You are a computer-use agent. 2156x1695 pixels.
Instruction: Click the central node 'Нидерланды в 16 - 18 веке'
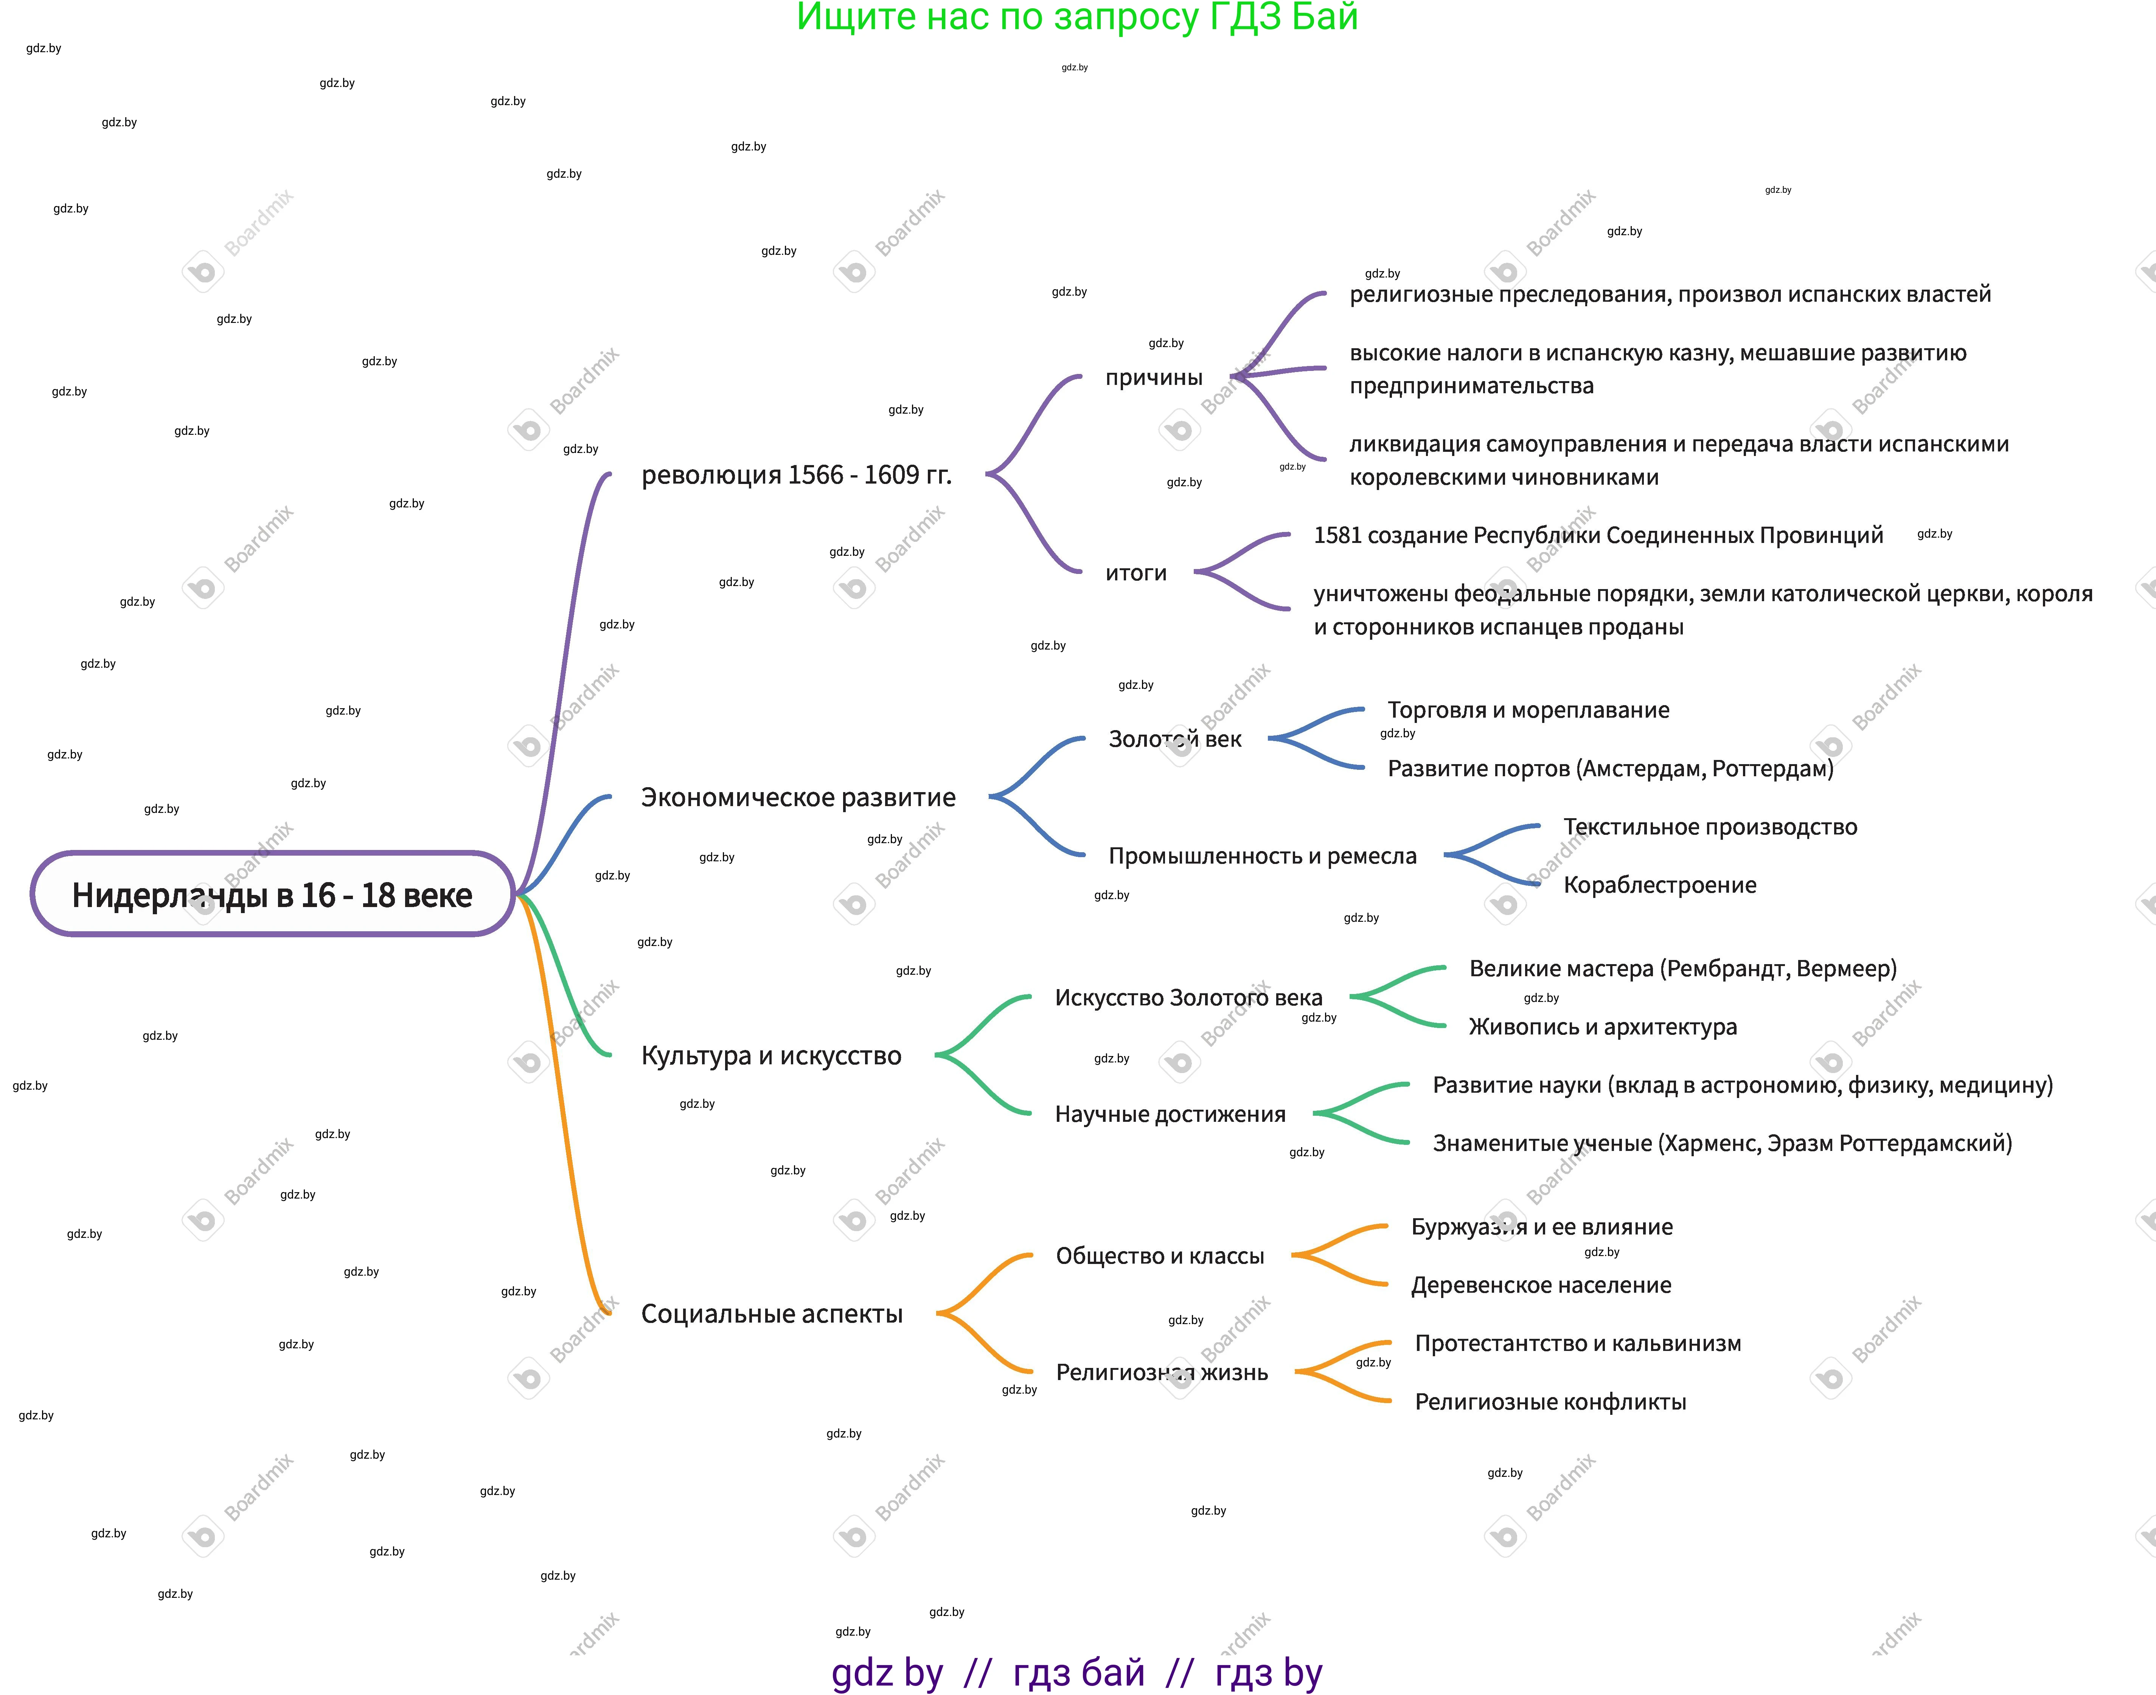(x=272, y=894)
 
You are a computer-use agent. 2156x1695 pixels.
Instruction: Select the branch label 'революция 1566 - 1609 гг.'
(x=796, y=475)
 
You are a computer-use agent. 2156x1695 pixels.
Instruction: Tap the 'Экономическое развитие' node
(x=798, y=798)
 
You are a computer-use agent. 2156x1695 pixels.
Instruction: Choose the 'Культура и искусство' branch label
(x=771, y=1056)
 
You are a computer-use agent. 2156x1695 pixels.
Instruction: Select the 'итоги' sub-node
(x=1135, y=572)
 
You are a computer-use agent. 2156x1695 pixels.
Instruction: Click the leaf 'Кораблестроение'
(x=1660, y=885)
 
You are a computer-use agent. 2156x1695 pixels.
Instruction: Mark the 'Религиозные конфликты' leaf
(x=1550, y=1402)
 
